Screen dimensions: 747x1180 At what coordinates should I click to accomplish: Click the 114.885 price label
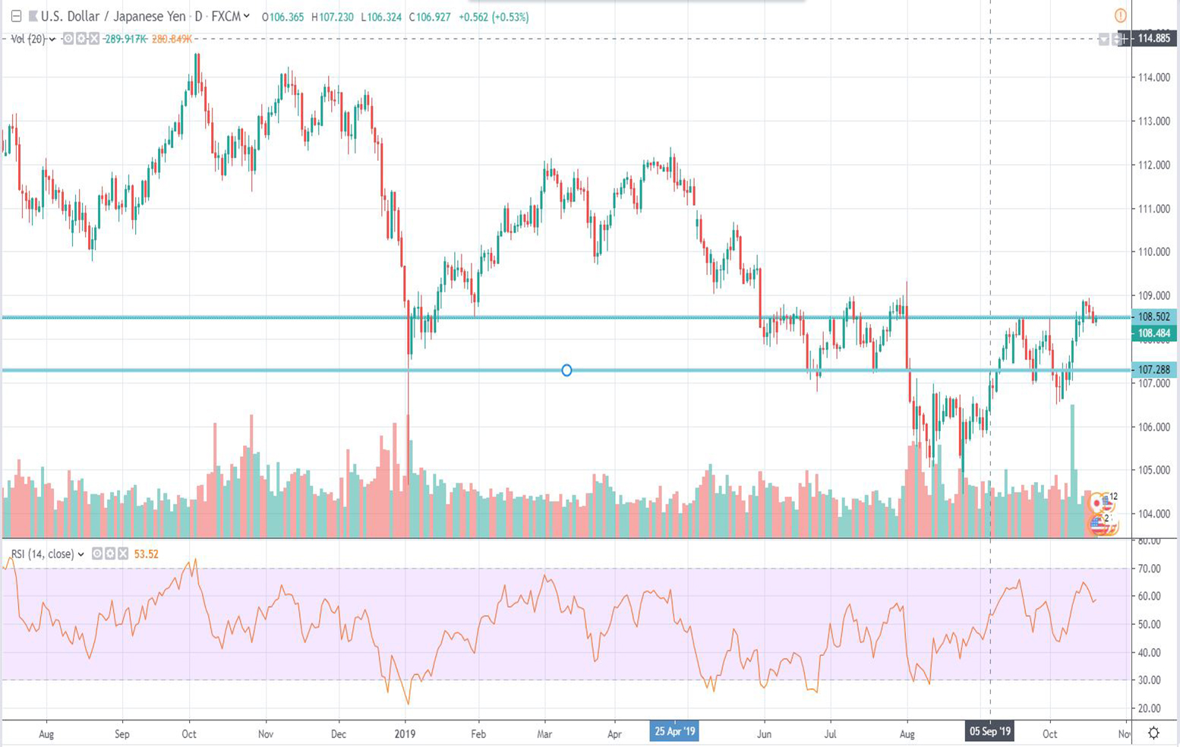1153,38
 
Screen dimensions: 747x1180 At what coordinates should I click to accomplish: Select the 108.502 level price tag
1153,317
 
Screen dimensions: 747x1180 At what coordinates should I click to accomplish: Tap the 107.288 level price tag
1153,370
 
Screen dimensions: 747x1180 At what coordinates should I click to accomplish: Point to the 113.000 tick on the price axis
1153,121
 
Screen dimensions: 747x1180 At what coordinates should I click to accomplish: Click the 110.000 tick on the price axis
1153,252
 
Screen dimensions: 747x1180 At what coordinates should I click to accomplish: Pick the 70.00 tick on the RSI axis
1149,569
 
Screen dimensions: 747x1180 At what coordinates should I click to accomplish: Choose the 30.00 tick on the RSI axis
1149,680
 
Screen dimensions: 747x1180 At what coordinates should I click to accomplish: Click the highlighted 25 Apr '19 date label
674,732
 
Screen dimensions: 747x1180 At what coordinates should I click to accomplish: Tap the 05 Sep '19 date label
989,732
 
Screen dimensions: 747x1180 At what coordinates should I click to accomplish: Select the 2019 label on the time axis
405,734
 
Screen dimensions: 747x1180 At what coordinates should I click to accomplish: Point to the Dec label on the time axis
339,734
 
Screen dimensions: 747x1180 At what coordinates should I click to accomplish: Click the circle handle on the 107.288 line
566,370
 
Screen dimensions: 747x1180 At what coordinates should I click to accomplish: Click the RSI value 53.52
146,554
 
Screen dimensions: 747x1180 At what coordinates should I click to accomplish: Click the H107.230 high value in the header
332,17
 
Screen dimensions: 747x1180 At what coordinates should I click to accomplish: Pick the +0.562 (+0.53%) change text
494,17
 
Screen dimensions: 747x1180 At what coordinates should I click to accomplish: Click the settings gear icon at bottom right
1153,733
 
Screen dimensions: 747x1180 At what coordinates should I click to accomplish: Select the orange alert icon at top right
1120,15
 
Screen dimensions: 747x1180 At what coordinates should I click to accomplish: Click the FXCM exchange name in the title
226,16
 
